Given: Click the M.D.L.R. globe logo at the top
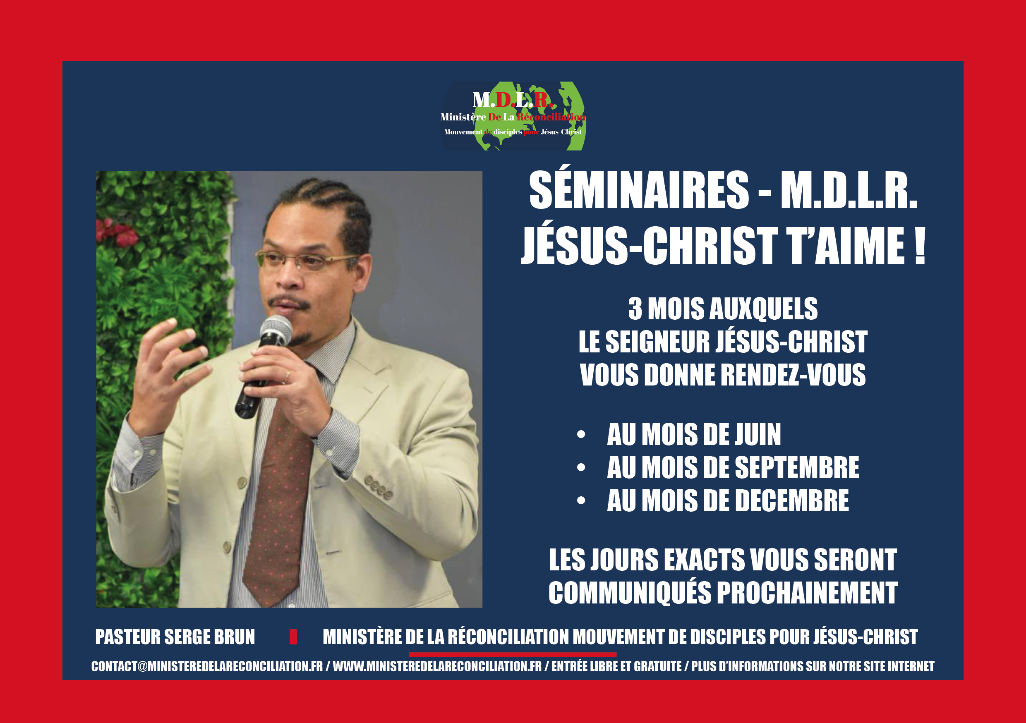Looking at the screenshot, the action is (513, 116).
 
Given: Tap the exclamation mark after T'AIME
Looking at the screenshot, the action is (919, 246).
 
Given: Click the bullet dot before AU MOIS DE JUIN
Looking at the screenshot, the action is (581, 434).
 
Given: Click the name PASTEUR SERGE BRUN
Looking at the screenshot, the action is (175, 637).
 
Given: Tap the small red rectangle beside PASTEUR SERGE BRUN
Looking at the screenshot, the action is (293, 637).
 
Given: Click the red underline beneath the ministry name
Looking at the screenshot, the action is (513, 654).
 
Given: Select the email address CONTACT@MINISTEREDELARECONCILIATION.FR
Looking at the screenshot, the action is (207, 666).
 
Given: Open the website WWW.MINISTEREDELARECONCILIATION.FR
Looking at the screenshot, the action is (437, 666).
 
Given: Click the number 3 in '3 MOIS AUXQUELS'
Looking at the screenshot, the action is (635, 309).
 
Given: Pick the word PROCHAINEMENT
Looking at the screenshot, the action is (807, 593).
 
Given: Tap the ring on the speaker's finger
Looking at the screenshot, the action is (288, 374).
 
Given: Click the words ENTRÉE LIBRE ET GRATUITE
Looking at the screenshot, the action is (617, 666).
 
